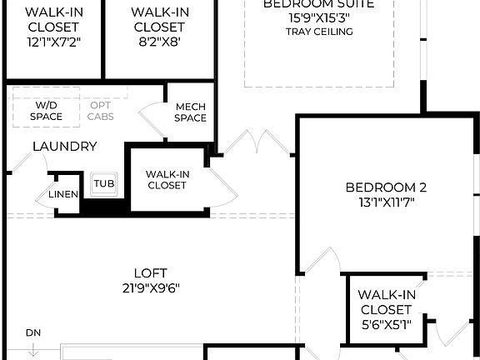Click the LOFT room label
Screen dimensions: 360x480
click(x=150, y=272)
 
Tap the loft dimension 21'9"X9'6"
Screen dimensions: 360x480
click(x=150, y=288)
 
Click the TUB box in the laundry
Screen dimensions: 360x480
click(x=103, y=183)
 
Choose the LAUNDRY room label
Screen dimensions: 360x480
click(x=64, y=147)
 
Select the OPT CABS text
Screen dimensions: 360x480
click(x=101, y=112)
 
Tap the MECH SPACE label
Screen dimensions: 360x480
click(x=190, y=112)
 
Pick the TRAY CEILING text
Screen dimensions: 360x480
click(x=318, y=32)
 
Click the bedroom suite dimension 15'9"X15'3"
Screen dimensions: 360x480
click(x=318, y=17)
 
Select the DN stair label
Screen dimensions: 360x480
click(x=32, y=333)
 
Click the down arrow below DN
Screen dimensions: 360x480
click(x=32, y=349)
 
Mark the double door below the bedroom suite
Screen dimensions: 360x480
click(x=257, y=142)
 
